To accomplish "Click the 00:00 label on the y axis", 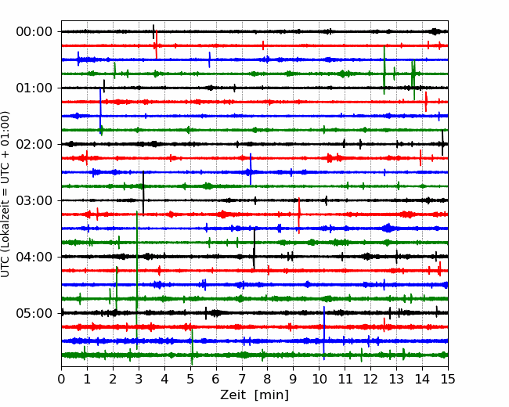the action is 34,32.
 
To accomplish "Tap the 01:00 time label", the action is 34,88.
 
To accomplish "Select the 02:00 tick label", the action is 34,144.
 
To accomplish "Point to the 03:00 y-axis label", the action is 34,200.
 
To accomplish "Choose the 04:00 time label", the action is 34,257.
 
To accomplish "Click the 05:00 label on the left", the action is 34,313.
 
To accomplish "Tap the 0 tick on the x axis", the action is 61,379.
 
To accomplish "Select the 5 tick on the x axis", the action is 190,379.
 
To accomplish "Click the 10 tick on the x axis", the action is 319,379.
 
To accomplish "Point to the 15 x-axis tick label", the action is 448,379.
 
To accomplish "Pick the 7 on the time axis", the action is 242,379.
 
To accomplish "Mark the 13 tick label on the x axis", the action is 396,379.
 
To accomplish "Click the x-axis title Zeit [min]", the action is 254,395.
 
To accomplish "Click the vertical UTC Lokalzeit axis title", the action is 5,194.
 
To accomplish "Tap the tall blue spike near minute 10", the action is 324,333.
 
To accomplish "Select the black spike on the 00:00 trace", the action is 153,31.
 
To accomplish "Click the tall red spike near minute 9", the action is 299,215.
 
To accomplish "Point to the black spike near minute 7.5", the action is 254,249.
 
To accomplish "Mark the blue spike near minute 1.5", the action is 100,111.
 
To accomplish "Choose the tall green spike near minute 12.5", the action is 384,70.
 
